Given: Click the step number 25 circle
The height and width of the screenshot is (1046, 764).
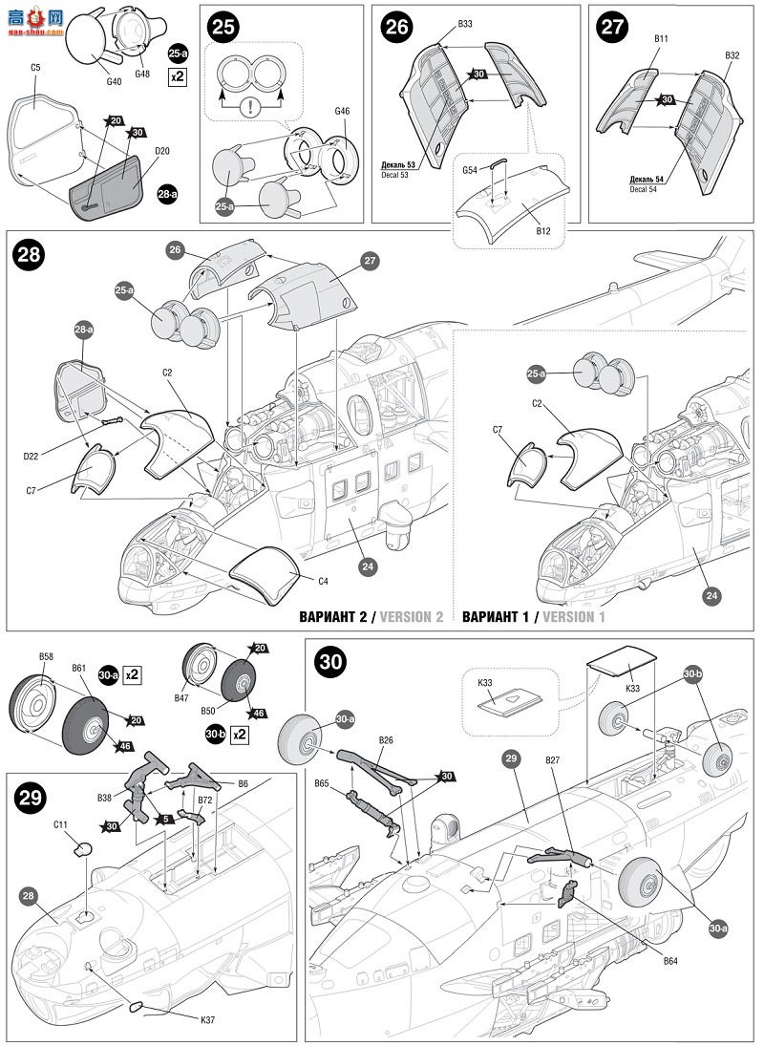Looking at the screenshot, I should pyautogui.click(x=224, y=27).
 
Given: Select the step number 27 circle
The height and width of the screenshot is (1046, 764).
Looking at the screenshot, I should pyautogui.click(x=611, y=27).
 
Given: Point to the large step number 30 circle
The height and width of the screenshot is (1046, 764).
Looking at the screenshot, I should pyautogui.click(x=329, y=662).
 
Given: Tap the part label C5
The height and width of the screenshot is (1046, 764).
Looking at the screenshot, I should pyautogui.click(x=36, y=68).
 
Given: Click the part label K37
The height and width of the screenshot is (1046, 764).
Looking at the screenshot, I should pyautogui.click(x=208, y=1019).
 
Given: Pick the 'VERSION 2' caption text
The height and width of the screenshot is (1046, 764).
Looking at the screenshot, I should pyautogui.click(x=412, y=617).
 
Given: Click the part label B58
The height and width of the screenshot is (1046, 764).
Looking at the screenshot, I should pyautogui.click(x=46, y=656).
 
